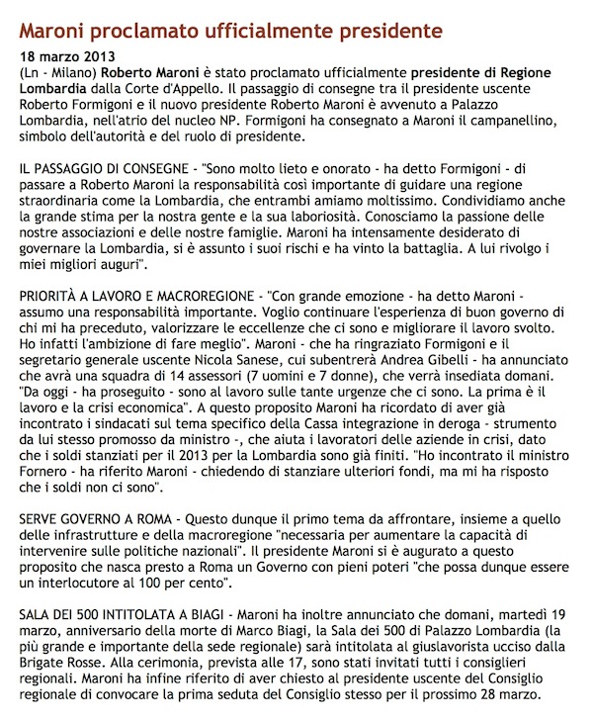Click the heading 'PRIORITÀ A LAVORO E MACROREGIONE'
coord(133,296)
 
